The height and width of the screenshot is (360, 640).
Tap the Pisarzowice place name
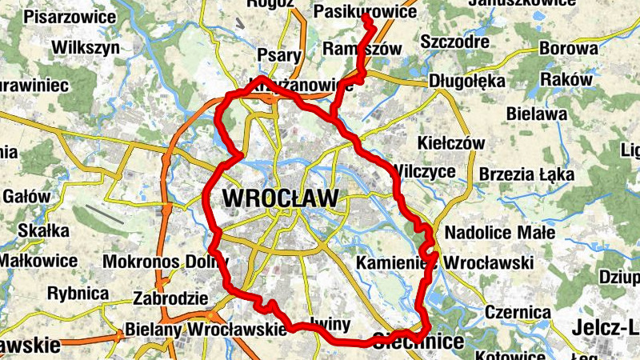pos(70,17)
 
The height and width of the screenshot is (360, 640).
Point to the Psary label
pos(279,55)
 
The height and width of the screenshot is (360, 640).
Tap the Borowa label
pos(568,48)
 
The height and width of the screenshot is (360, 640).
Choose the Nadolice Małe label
pos(499,233)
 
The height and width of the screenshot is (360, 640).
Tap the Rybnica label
pos(78,293)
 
